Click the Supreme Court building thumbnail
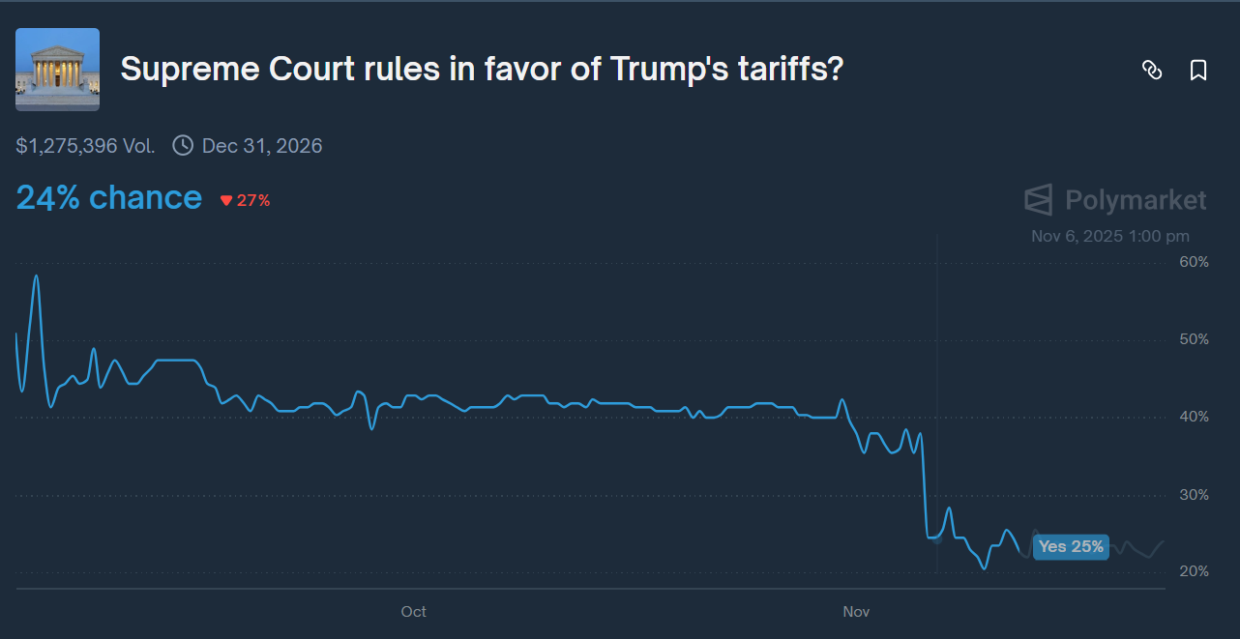point(57,70)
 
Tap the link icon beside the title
point(1152,70)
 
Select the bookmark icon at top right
point(1198,70)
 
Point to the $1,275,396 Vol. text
point(85,146)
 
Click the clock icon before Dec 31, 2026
point(183,146)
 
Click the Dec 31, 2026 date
point(262,146)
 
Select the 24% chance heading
point(108,198)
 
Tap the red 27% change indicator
point(246,201)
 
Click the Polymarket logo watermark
point(1115,200)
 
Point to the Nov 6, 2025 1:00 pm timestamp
point(1110,236)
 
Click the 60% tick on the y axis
point(1194,262)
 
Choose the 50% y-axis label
point(1194,339)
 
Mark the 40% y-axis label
point(1194,417)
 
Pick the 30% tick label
point(1194,495)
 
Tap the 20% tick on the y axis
point(1194,571)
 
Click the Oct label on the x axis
point(413,612)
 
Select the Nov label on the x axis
point(856,612)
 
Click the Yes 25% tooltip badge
point(1071,547)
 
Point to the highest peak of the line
point(37,276)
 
